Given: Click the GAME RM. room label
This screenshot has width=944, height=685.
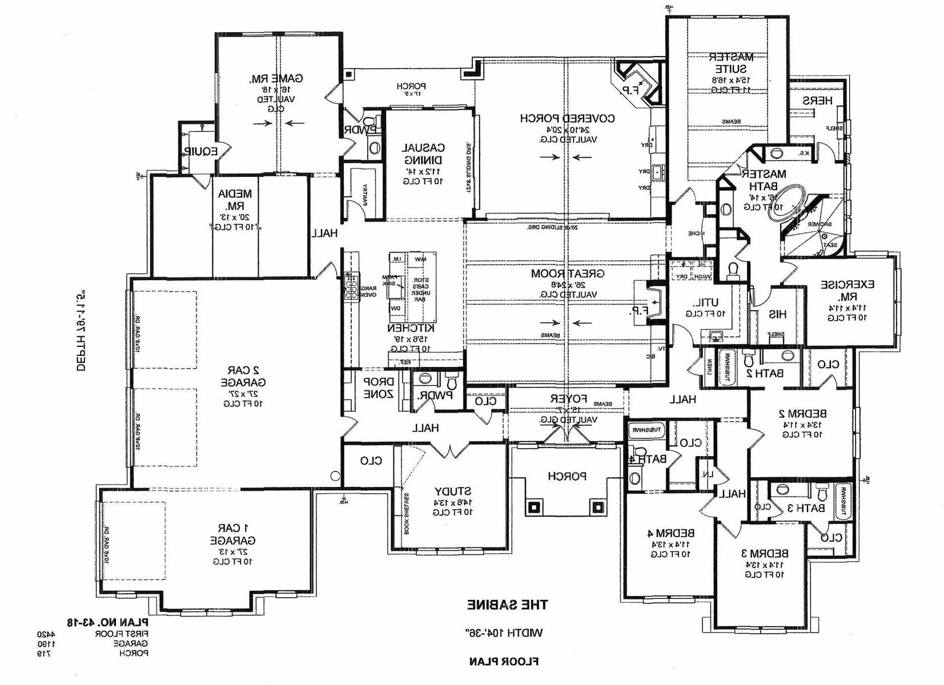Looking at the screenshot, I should (x=276, y=78).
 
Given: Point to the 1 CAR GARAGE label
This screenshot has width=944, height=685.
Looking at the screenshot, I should (x=234, y=534).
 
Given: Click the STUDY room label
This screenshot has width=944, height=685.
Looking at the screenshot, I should (x=453, y=491).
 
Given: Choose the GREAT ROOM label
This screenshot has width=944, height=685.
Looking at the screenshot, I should (x=568, y=273).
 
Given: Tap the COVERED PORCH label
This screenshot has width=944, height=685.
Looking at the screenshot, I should (x=567, y=118).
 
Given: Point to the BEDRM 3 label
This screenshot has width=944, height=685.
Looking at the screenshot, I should (x=765, y=553).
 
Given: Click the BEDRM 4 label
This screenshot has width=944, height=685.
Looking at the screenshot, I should (x=670, y=533).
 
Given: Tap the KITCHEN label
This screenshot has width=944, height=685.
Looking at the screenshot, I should (x=411, y=328).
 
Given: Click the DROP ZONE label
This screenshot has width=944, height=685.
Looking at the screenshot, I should (x=379, y=388).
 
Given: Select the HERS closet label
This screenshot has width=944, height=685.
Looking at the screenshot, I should (x=817, y=100).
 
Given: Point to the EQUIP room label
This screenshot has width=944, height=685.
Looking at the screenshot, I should (x=200, y=151).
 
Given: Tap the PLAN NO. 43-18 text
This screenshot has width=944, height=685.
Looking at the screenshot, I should (x=106, y=622).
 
